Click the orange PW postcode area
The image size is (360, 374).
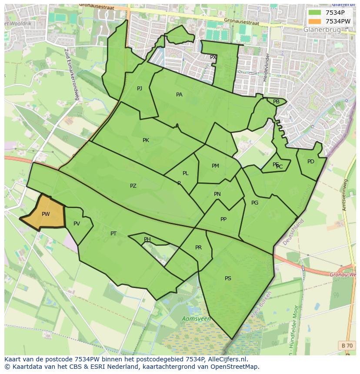coord(43,213)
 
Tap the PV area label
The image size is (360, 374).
coord(77,224)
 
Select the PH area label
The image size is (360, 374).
coord(147,239)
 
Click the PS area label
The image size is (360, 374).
coord(228,278)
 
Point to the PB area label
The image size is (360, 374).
coord(276,102)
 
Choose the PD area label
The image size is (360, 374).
coord(310,162)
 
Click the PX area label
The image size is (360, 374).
coord(213,57)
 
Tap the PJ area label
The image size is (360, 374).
coord(140,89)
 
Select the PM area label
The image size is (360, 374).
coord(215,166)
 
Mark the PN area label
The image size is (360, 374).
coord(217,194)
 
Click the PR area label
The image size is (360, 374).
coord(198,248)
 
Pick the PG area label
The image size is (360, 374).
coord(255,203)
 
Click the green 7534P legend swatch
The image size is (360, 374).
coord(315,13)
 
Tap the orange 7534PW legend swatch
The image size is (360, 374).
coord(315,21)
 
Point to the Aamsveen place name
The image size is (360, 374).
coord(197,319)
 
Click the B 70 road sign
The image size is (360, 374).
coord(347,345)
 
